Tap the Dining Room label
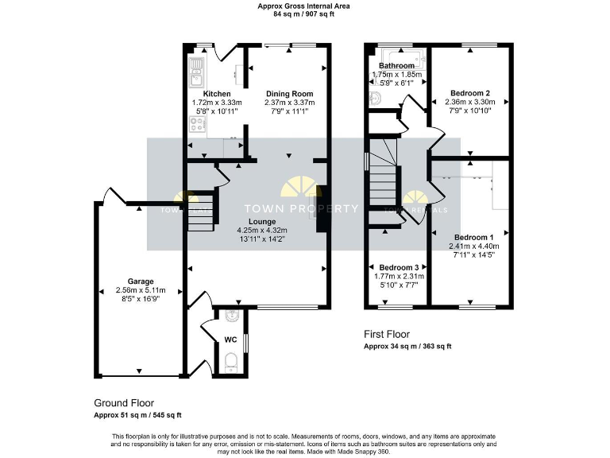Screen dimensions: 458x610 pos(289,93)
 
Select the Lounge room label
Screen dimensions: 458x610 pos(261,221)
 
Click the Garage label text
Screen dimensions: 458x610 pos(141,281)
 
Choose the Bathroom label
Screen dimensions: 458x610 pos(396,65)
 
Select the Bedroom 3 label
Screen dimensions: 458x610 pos(398,266)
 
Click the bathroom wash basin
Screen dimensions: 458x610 pos(376,99)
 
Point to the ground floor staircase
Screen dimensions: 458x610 pos(200,211)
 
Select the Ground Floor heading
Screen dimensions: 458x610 pos(124,403)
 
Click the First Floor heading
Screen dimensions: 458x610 pos(387,334)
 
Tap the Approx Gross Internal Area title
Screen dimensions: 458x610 pos(303,6)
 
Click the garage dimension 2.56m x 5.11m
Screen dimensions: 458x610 pos(141,290)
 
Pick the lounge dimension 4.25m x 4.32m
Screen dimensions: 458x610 pos(261,230)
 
